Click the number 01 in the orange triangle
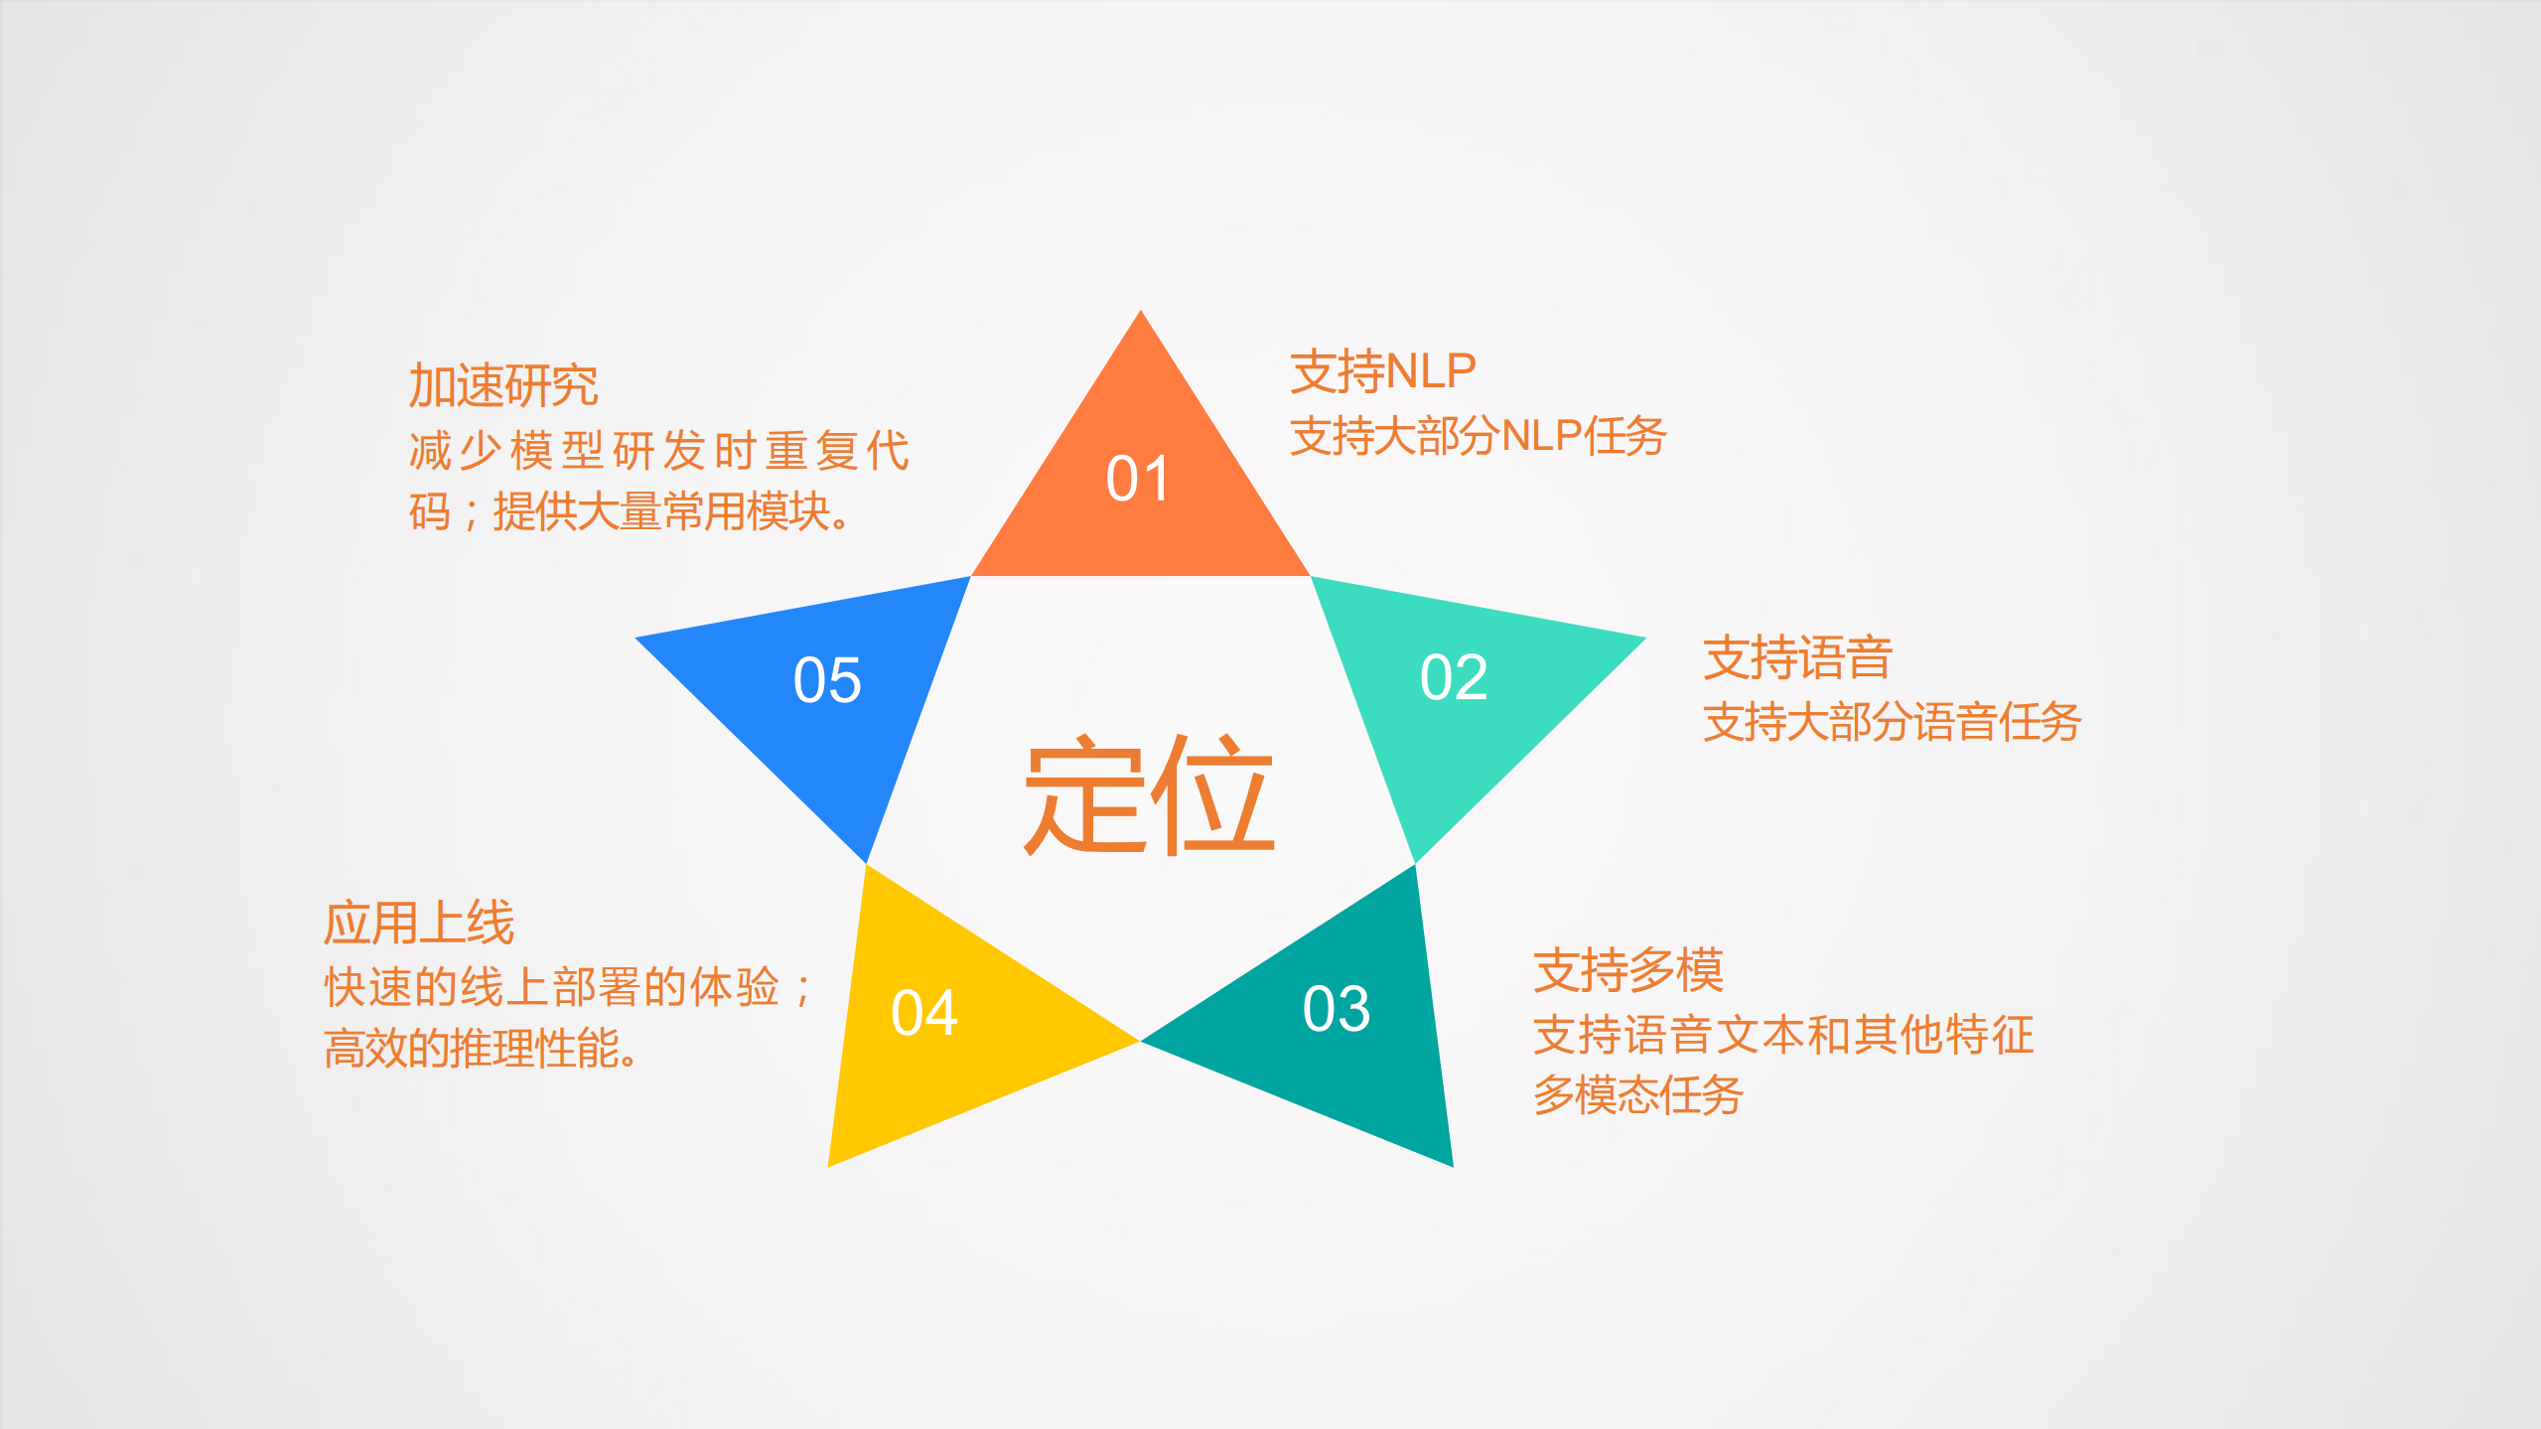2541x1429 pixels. click(1138, 479)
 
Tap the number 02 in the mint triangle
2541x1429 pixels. click(1454, 677)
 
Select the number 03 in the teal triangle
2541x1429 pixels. click(1337, 1009)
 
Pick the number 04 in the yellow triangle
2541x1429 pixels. click(924, 1013)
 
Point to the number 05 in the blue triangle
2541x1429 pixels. click(827, 680)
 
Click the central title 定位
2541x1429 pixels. click(1149, 794)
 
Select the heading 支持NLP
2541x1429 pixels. click(1383, 372)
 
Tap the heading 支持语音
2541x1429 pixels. click(1797, 658)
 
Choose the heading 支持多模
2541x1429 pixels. click(1628, 970)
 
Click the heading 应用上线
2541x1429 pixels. click(419, 924)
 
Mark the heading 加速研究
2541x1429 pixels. click(503, 385)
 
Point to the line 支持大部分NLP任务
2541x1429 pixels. click(1478, 436)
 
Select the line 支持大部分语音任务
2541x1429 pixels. click(1892, 722)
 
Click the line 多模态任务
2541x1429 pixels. click(1638, 1095)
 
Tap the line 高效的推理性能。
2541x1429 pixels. click(483, 1049)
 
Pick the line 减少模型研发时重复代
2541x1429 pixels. click(658, 451)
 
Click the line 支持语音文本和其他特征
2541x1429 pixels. click(1783, 1035)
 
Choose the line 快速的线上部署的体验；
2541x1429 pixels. click(568, 987)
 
